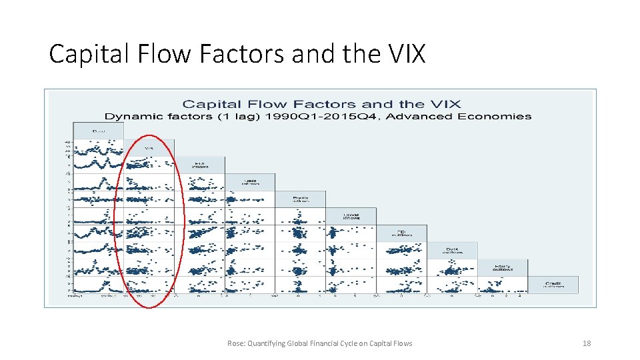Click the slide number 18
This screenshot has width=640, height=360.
pyautogui.click(x=587, y=343)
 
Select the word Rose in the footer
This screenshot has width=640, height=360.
pyautogui.click(x=235, y=343)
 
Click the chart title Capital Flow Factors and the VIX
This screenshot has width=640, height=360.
pyautogui.click(x=321, y=103)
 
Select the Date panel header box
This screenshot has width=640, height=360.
pyautogui.click(x=98, y=131)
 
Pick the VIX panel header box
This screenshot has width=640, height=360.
pyautogui.click(x=149, y=147)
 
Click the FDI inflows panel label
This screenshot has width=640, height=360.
pyautogui.click(x=199, y=165)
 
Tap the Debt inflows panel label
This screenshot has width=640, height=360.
pyautogui.click(x=250, y=182)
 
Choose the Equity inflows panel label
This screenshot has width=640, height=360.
pyautogui.click(x=301, y=199)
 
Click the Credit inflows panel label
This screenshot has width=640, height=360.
pyautogui.click(x=351, y=216)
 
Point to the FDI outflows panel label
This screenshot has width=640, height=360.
pyautogui.click(x=402, y=233)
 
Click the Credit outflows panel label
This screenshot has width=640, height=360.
pyautogui.click(x=553, y=285)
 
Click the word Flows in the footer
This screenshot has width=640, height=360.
pyautogui.click(x=402, y=343)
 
